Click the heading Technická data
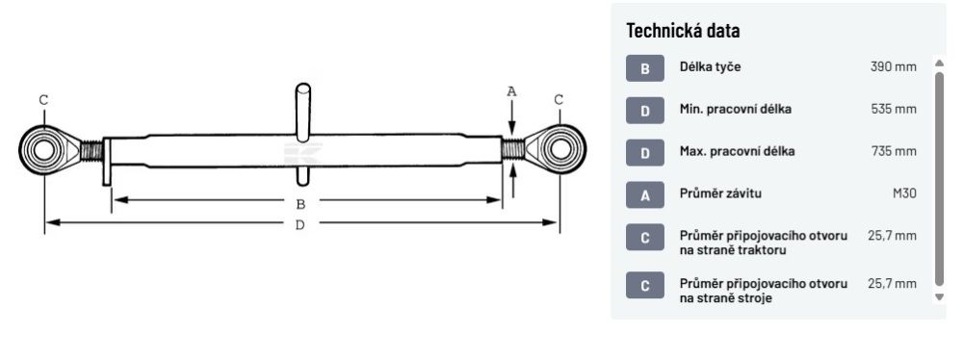coord(683,31)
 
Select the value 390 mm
coord(893,67)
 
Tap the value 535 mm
coord(894,110)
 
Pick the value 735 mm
coord(894,151)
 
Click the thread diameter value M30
coord(904,193)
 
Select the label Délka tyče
coord(710,67)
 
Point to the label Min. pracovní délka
coord(735,110)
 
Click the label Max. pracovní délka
coord(737,151)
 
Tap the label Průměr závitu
coord(720,193)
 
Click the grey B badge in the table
coord(645,68)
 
